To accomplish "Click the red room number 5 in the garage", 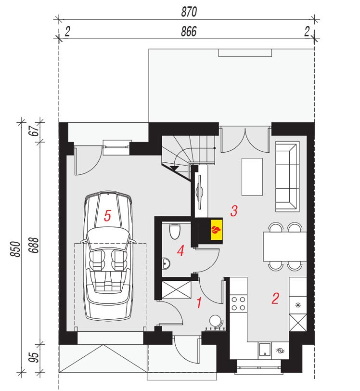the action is [x=107, y=216].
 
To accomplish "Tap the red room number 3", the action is [x=234, y=211].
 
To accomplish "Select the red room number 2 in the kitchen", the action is [x=275, y=298].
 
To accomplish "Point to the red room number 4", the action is [x=181, y=250].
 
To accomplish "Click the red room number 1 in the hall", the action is [x=199, y=303].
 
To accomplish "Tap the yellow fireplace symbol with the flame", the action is [x=217, y=230].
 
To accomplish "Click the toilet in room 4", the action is [x=175, y=232].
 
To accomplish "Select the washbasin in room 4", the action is [x=166, y=263].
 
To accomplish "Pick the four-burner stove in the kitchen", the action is [x=238, y=303].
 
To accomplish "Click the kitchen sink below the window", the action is [x=264, y=349].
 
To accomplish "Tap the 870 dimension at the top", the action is [x=189, y=12].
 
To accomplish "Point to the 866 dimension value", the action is [x=189, y=31].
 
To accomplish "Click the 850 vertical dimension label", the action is [x=15, y=249].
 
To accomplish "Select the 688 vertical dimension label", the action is [x=34, y=245].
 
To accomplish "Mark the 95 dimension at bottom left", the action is [x=34, y=357].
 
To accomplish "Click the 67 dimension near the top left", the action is [x=34, y=130].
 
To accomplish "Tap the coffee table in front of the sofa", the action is [x=252, y=177].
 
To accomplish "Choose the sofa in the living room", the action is [x=287, y=177].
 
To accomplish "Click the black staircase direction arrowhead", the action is [x=174, y=168].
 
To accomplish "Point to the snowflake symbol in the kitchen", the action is [x=298, y=305].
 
